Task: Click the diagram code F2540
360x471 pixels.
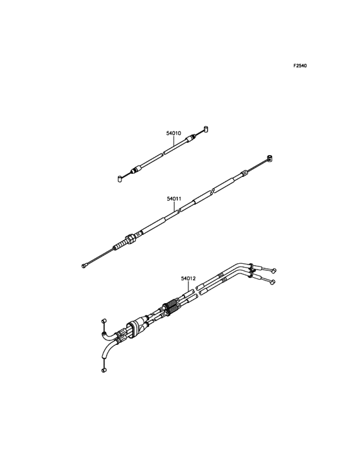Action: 300,66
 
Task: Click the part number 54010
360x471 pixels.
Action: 174,133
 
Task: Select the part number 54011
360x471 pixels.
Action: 174,199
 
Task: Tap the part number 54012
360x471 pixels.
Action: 188,279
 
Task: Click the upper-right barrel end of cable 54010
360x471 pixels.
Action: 206,129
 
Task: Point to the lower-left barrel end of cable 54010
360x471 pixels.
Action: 120,180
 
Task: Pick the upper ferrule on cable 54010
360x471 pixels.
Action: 190,139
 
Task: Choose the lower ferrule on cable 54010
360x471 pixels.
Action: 136,169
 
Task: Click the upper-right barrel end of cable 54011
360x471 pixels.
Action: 270,158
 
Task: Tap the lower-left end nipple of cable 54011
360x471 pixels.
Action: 84,265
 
